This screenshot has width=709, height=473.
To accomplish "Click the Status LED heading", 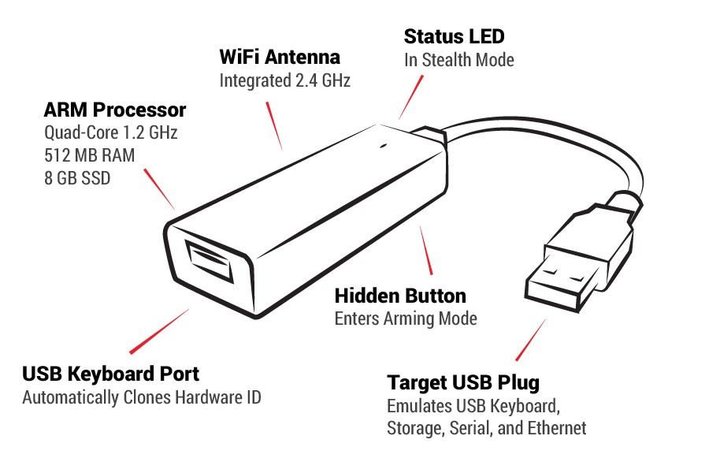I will click(454, 36).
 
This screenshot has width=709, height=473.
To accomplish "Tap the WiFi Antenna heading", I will click(280, 58).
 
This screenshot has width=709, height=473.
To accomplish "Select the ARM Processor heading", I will click(115, 110).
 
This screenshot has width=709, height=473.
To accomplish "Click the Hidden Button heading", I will click(400, 296).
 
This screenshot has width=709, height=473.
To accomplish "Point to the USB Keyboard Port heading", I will click(110, 374).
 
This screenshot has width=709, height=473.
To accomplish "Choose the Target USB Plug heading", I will click(463, 383).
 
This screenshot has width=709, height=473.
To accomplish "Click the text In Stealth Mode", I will click(458, 60).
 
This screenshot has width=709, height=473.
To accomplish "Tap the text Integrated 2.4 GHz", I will click(284, 80).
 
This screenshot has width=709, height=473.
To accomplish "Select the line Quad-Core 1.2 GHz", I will click(111, 132).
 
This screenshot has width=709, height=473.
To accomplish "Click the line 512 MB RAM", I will click(89, 155).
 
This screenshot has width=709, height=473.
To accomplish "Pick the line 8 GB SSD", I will click(77, 178).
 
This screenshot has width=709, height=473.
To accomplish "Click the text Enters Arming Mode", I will click(406, 319).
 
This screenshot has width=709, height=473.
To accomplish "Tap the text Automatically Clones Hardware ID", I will click(142, 397).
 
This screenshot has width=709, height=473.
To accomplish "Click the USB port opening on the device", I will click(210, 262).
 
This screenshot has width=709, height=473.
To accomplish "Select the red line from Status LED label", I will click(410, 97).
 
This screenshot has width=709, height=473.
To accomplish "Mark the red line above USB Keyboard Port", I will click(158, 331).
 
